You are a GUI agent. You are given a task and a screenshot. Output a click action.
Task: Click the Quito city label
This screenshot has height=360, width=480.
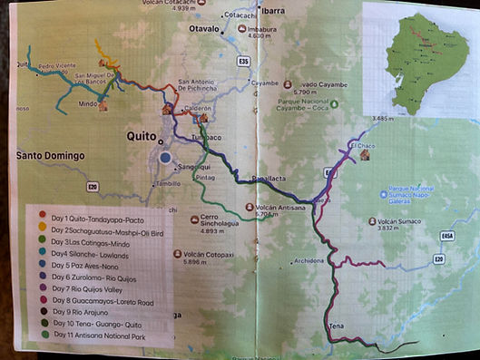142,135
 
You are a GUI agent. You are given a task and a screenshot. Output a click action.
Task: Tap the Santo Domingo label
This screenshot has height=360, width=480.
50,156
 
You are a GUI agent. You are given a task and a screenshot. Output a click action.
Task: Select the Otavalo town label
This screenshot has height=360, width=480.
203,29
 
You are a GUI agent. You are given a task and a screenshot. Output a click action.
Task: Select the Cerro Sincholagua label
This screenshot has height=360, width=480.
221,223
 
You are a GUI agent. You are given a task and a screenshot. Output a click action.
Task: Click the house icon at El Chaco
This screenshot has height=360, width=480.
365,155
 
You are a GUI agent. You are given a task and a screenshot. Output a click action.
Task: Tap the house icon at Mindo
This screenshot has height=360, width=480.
103,105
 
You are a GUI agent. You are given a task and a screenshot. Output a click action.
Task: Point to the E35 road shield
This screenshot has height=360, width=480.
243,61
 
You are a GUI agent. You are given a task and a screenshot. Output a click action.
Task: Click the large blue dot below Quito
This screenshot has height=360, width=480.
165,157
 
